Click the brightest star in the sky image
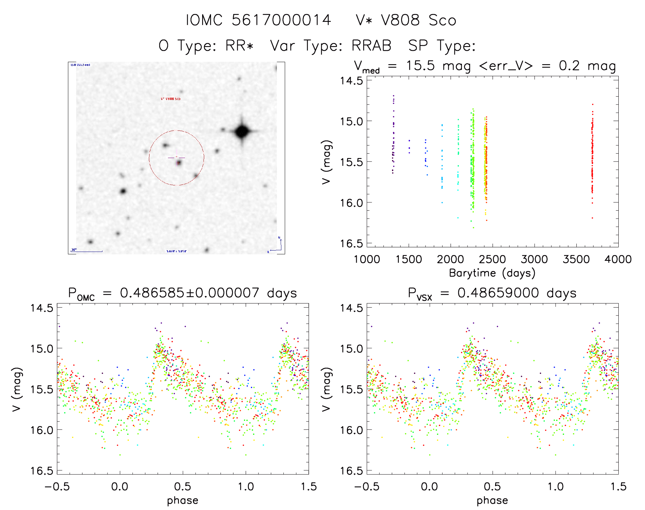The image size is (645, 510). (x=242, y=131)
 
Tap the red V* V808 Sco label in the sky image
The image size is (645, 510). (x=170, y=99)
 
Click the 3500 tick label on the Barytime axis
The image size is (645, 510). (x=576, y=259)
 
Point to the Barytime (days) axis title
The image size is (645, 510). (x=492, y=273)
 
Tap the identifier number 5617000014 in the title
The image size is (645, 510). (x=281, y=20)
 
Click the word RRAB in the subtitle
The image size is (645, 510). (x=371, y=46)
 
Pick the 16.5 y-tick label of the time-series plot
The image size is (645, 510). (x=351, y=243)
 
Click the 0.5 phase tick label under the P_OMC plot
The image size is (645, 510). (x=183, y=486)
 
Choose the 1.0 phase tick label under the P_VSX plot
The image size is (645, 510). (x=556, y=486)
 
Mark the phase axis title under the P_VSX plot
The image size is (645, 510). (x=492, y=500)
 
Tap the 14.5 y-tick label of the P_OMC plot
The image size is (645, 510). (x=42, y=308)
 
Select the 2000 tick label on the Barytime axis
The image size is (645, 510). (x=450, y=259)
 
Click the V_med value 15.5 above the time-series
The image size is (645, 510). (x=420, y=66)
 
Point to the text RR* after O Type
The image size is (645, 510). (x=239, y=46)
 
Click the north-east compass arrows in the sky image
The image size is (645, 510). (x=277, y=246)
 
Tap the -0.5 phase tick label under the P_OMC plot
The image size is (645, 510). (x=57, y=486)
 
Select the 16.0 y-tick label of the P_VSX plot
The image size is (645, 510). (x=351, y=430)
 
